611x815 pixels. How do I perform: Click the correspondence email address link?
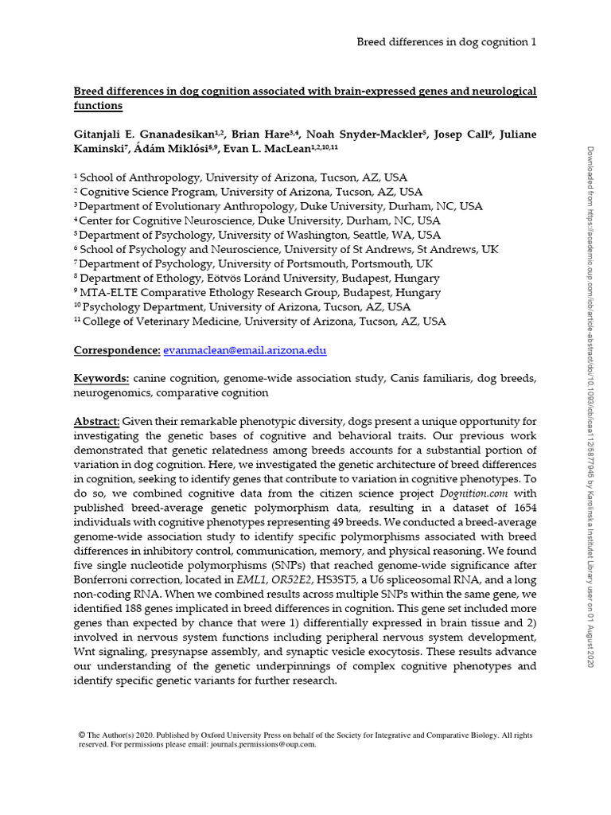(244, 350)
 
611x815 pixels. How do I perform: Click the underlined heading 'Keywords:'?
(102, 378)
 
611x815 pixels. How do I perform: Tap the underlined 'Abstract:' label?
(97, 421)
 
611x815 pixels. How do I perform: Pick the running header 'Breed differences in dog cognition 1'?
(446, 42)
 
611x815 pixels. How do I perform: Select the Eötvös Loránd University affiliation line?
(256, 279)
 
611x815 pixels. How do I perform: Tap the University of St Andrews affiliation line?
(286, 250)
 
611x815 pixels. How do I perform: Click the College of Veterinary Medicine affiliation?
(259, 322)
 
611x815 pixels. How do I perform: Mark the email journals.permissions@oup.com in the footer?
(263, 744)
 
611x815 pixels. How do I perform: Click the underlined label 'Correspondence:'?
(117, 350)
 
